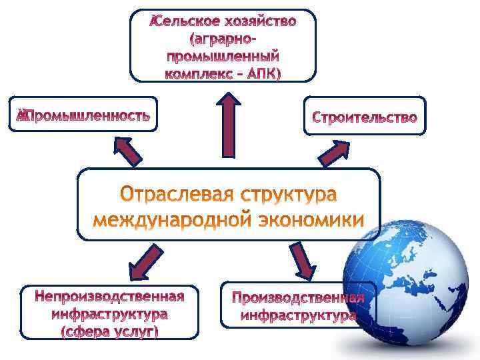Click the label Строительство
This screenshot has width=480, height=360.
pyautogui.click(x=365, y=118)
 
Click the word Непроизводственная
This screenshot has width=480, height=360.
pyautogui.click(x=111, y=296)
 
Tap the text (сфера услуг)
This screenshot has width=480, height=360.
pyautogui.click(x=111, y=331)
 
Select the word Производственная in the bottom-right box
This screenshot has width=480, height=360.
pyautogui.click(x=297, y=297)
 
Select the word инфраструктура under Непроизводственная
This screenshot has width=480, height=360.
pyautogui.click(x=111, y=313)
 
